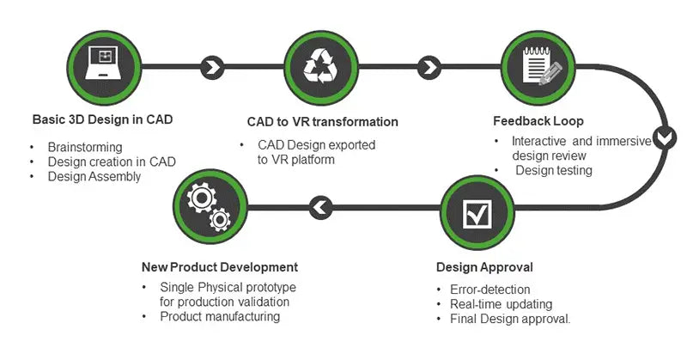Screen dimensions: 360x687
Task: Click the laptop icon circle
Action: click(x=103, y=67)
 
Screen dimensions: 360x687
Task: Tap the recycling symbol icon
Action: click(x=319, y=67)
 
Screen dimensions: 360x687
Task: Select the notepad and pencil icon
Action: click(x=539, y=67)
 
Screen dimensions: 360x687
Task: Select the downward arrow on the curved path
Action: click(x=664, y=137)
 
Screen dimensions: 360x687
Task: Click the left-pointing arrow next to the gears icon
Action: click(x=319, y=206)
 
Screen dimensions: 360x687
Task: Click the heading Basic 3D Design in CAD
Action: click(x=102, y=119)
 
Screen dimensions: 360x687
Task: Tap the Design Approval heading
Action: click(x=484, y=267)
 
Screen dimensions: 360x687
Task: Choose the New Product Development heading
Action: click(x=219, y=267)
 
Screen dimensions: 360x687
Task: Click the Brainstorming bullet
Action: click(x=85, y=146)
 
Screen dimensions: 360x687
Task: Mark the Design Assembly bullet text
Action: click(x=94, y=176)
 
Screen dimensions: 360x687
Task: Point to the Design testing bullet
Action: click(x=554, y=170)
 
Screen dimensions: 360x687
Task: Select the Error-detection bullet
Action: click(x=490, y=290)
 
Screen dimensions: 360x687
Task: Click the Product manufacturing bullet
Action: click(x=220, y=316)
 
